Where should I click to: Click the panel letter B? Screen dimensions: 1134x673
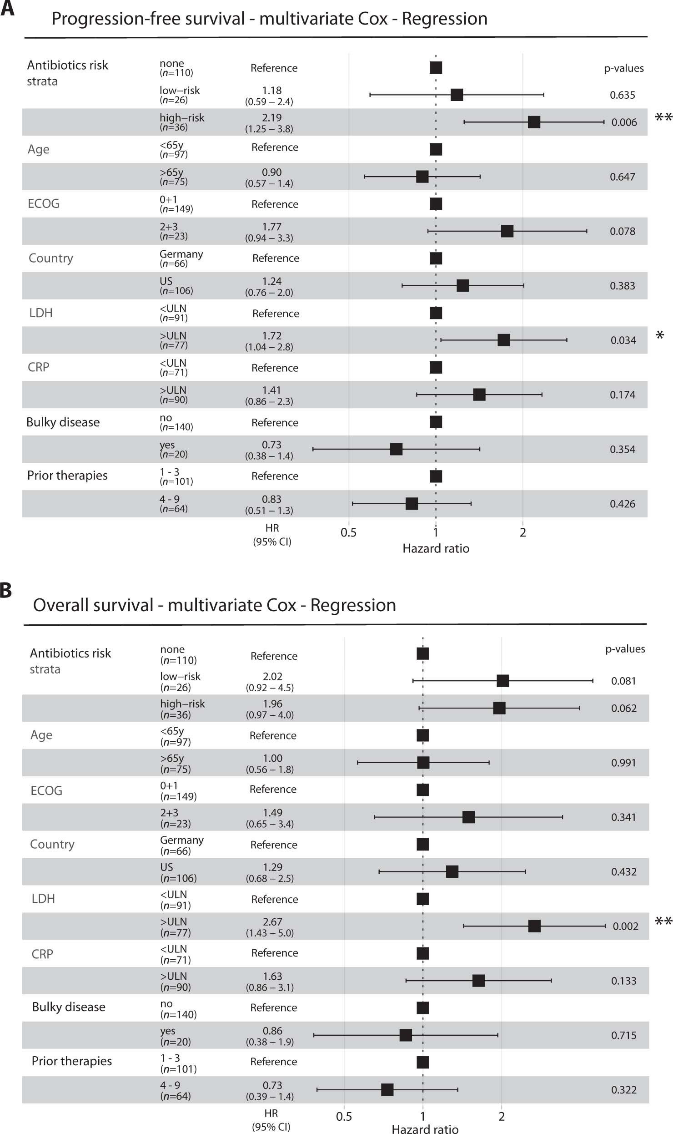(x=5, y=590)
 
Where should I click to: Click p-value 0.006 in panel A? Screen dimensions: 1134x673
(x=624, y=122)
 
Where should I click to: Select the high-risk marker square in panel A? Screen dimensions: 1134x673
(x=534, y=122)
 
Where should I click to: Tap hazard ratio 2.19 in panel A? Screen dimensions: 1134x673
(x=271, y=117)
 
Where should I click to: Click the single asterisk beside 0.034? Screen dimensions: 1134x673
(x=660, y=336)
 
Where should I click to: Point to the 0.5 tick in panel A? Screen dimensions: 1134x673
(x=348, y=532)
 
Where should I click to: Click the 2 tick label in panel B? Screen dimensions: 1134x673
(x=502, y=1116)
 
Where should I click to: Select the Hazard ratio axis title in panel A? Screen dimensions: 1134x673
(x=436, y=548)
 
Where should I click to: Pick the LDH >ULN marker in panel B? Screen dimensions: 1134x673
(x=534, y=926)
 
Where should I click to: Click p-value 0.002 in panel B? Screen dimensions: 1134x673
(x=625, y=926)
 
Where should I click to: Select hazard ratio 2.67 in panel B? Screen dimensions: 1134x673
(x=272, y=921)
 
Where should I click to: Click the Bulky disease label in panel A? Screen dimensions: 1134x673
(x=63, y=422)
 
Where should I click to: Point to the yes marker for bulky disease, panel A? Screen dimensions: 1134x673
(x=396, y=449)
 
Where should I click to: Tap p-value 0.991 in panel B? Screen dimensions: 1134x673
(x=623, y=763)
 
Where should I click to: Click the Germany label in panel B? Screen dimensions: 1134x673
(x=181, y=840)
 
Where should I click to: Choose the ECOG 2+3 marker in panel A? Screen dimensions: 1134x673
(x=507, y=231)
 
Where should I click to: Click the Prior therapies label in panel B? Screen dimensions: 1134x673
(x=71, y=1061)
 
